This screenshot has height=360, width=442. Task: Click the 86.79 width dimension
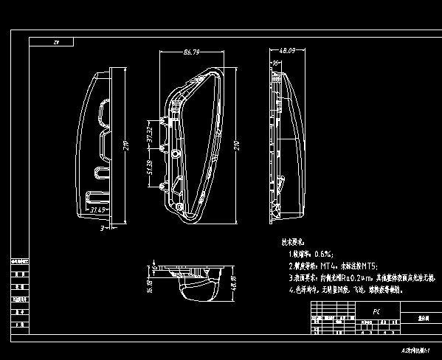[191, 52]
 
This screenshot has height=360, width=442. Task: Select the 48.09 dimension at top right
[277, 51]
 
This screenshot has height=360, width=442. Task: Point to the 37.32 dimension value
[149, 134]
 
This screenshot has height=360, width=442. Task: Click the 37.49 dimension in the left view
[99, 210]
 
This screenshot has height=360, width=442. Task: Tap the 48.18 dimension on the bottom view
[234, 281]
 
